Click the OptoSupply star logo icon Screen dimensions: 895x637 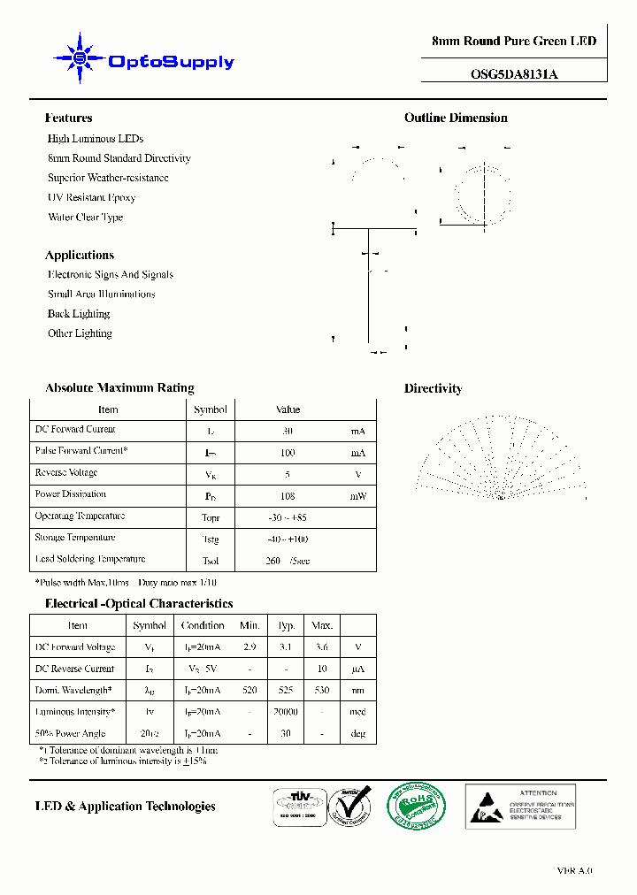point(80,59)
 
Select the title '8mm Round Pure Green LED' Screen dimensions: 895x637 point(513,42)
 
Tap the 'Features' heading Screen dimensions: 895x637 point(68,118)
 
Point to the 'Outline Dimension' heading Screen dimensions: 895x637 point(456,118)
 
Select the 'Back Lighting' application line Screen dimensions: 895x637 point(79,314)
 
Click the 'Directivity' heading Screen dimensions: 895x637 point(433,388)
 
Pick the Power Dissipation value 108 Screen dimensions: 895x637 point(287,496)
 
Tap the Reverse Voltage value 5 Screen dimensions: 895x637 point(287,474)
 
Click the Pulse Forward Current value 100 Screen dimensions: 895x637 point(287,453)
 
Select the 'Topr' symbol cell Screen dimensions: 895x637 point(210,517)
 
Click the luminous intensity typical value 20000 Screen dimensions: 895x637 point(286,712)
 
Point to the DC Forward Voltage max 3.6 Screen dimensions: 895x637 point(320,647)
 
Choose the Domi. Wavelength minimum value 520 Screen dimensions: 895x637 point(249,691)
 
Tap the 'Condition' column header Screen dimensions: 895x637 point(203,625)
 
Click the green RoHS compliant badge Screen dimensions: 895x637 point(416,805)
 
